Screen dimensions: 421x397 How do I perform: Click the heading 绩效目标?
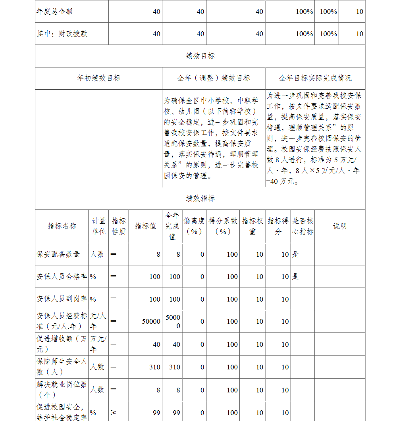point(200,56)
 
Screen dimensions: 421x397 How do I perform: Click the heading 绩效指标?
point(200,198)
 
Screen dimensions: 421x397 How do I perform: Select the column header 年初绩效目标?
point(98,78)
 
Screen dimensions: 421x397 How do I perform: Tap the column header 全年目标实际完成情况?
point(315,78)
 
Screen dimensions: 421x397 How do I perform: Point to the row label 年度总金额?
point(55,12)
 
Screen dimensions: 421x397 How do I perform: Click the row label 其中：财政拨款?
point(62,34)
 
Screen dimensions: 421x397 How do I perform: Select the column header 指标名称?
point(62,226)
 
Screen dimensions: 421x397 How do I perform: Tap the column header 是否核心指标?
point(303,226)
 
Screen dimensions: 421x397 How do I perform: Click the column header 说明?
point(339,226)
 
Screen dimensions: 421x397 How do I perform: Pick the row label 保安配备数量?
point(58,254)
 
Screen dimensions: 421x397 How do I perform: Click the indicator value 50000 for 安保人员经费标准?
point(151,321)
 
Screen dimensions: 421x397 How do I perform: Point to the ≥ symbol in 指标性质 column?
point(114,413)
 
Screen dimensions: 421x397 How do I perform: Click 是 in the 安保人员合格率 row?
point(296,277)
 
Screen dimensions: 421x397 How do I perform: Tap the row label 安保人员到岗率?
point(62,299)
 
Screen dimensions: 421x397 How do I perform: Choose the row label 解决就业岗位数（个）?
point(62,390)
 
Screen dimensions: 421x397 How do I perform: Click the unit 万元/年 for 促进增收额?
point(98,344)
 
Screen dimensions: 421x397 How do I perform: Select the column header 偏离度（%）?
point(194,226)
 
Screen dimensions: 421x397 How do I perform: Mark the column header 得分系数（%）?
point(223,226)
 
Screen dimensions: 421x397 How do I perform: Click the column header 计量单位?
point(99,226)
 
